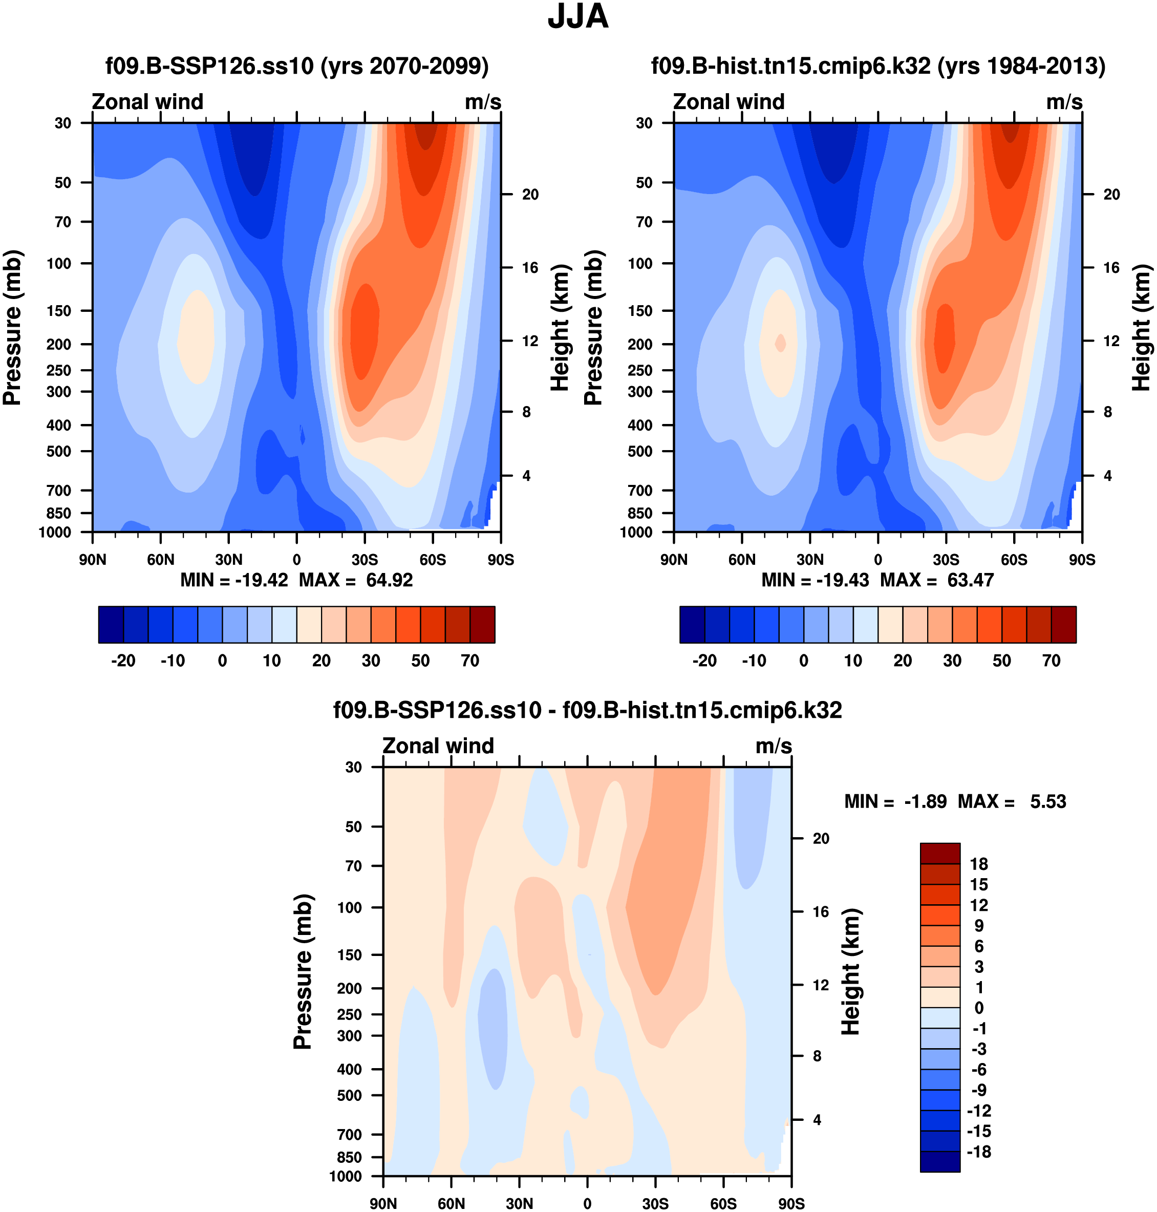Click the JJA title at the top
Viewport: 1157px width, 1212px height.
point(578,17)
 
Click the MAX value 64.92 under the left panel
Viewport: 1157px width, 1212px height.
point(389,581)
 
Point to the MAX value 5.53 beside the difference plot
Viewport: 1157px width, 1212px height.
point(1047,802)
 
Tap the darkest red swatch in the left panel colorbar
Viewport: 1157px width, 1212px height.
point(482,625)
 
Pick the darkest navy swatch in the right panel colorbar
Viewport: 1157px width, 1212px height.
point(692,625)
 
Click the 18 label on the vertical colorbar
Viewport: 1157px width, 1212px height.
point(979,864)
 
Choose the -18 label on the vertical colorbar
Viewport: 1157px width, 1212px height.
point(979,1152)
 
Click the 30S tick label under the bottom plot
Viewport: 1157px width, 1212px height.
point(655,1203)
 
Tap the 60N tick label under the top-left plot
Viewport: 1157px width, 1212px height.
point(160,560)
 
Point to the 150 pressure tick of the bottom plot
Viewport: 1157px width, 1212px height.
point(350,955)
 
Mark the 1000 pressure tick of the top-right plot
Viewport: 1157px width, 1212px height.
point(636,533)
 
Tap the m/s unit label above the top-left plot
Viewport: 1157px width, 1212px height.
point(483,102)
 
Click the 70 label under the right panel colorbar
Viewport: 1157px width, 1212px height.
point(1052,661)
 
